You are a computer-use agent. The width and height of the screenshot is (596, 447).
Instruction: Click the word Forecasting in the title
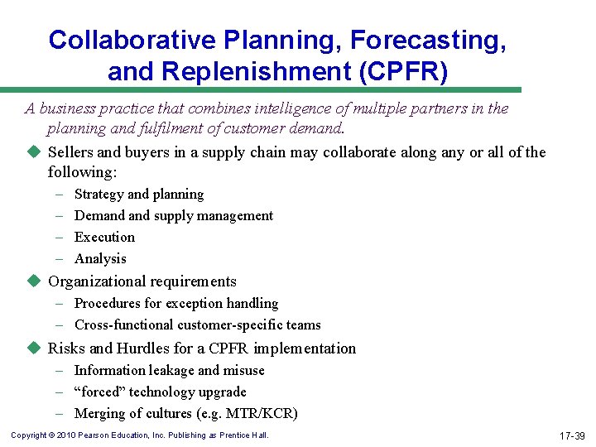pos(424,39)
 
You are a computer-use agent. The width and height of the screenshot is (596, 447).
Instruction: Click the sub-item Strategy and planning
pos(139,194)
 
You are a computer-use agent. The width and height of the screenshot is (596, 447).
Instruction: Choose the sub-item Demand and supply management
pos(174,215)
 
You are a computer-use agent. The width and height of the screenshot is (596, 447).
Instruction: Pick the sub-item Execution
pos(104,237)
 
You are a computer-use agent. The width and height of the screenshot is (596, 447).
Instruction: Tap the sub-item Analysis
pos(100,258)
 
